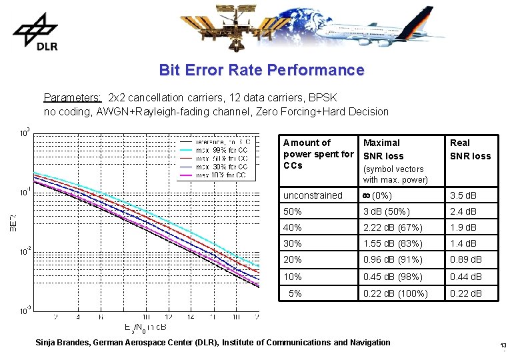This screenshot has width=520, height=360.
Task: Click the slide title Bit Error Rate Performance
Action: (x=261, y=70)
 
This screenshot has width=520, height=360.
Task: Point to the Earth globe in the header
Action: (x=314, y=23)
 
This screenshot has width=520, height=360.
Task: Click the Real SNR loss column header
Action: (x=470, y=149)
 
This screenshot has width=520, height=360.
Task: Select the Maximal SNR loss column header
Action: (x=383, y=149)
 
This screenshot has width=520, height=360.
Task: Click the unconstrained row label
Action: (x=313, y=195)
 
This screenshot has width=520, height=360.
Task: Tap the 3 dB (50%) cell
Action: (x=387, y=211)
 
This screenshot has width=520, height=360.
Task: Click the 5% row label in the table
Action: (x=294, y=293)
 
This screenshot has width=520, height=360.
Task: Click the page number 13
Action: (x=503, y=345)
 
